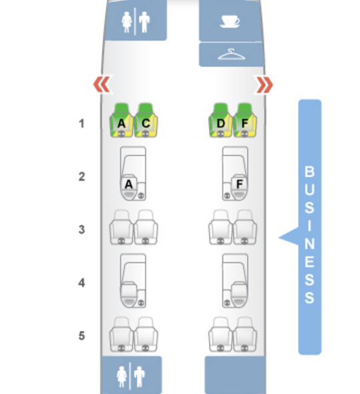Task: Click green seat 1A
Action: (x=122, y=120)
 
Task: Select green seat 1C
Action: (x=146, y=120)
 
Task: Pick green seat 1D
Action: (x=220, y=120)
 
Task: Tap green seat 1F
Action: (x=245, y=120)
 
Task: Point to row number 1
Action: (x=81, y=124)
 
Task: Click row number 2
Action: (x=81, y=177)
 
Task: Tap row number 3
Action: (x=81, y=230)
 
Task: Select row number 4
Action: (x=81, y=283)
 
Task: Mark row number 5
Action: (x=81, y=336)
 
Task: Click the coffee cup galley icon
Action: (x=230, y=21)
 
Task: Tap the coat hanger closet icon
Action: (x=231, y=55)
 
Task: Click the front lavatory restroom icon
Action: (x=136, y=22)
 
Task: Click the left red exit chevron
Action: (x=102, y=84)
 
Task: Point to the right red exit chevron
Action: (x=264, y=84)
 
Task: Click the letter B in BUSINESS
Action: (x=309, y=172)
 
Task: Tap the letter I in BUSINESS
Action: (x=309, y=226)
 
